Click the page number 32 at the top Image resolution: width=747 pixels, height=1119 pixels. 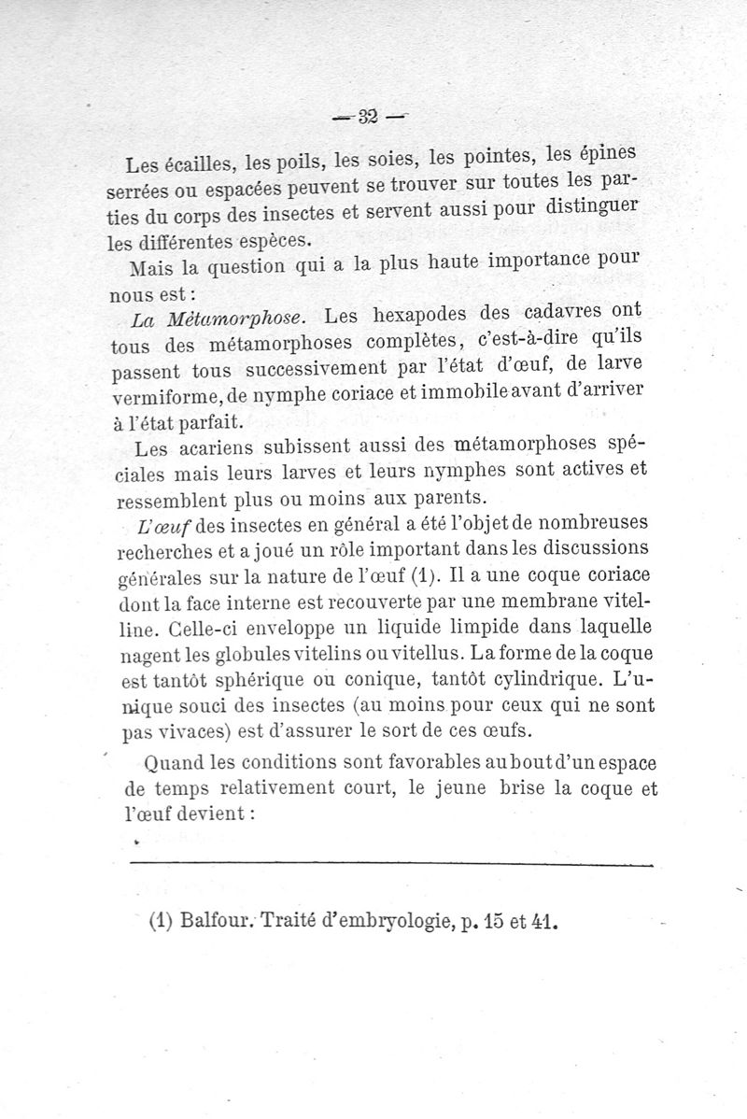click(x=366, y=116)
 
